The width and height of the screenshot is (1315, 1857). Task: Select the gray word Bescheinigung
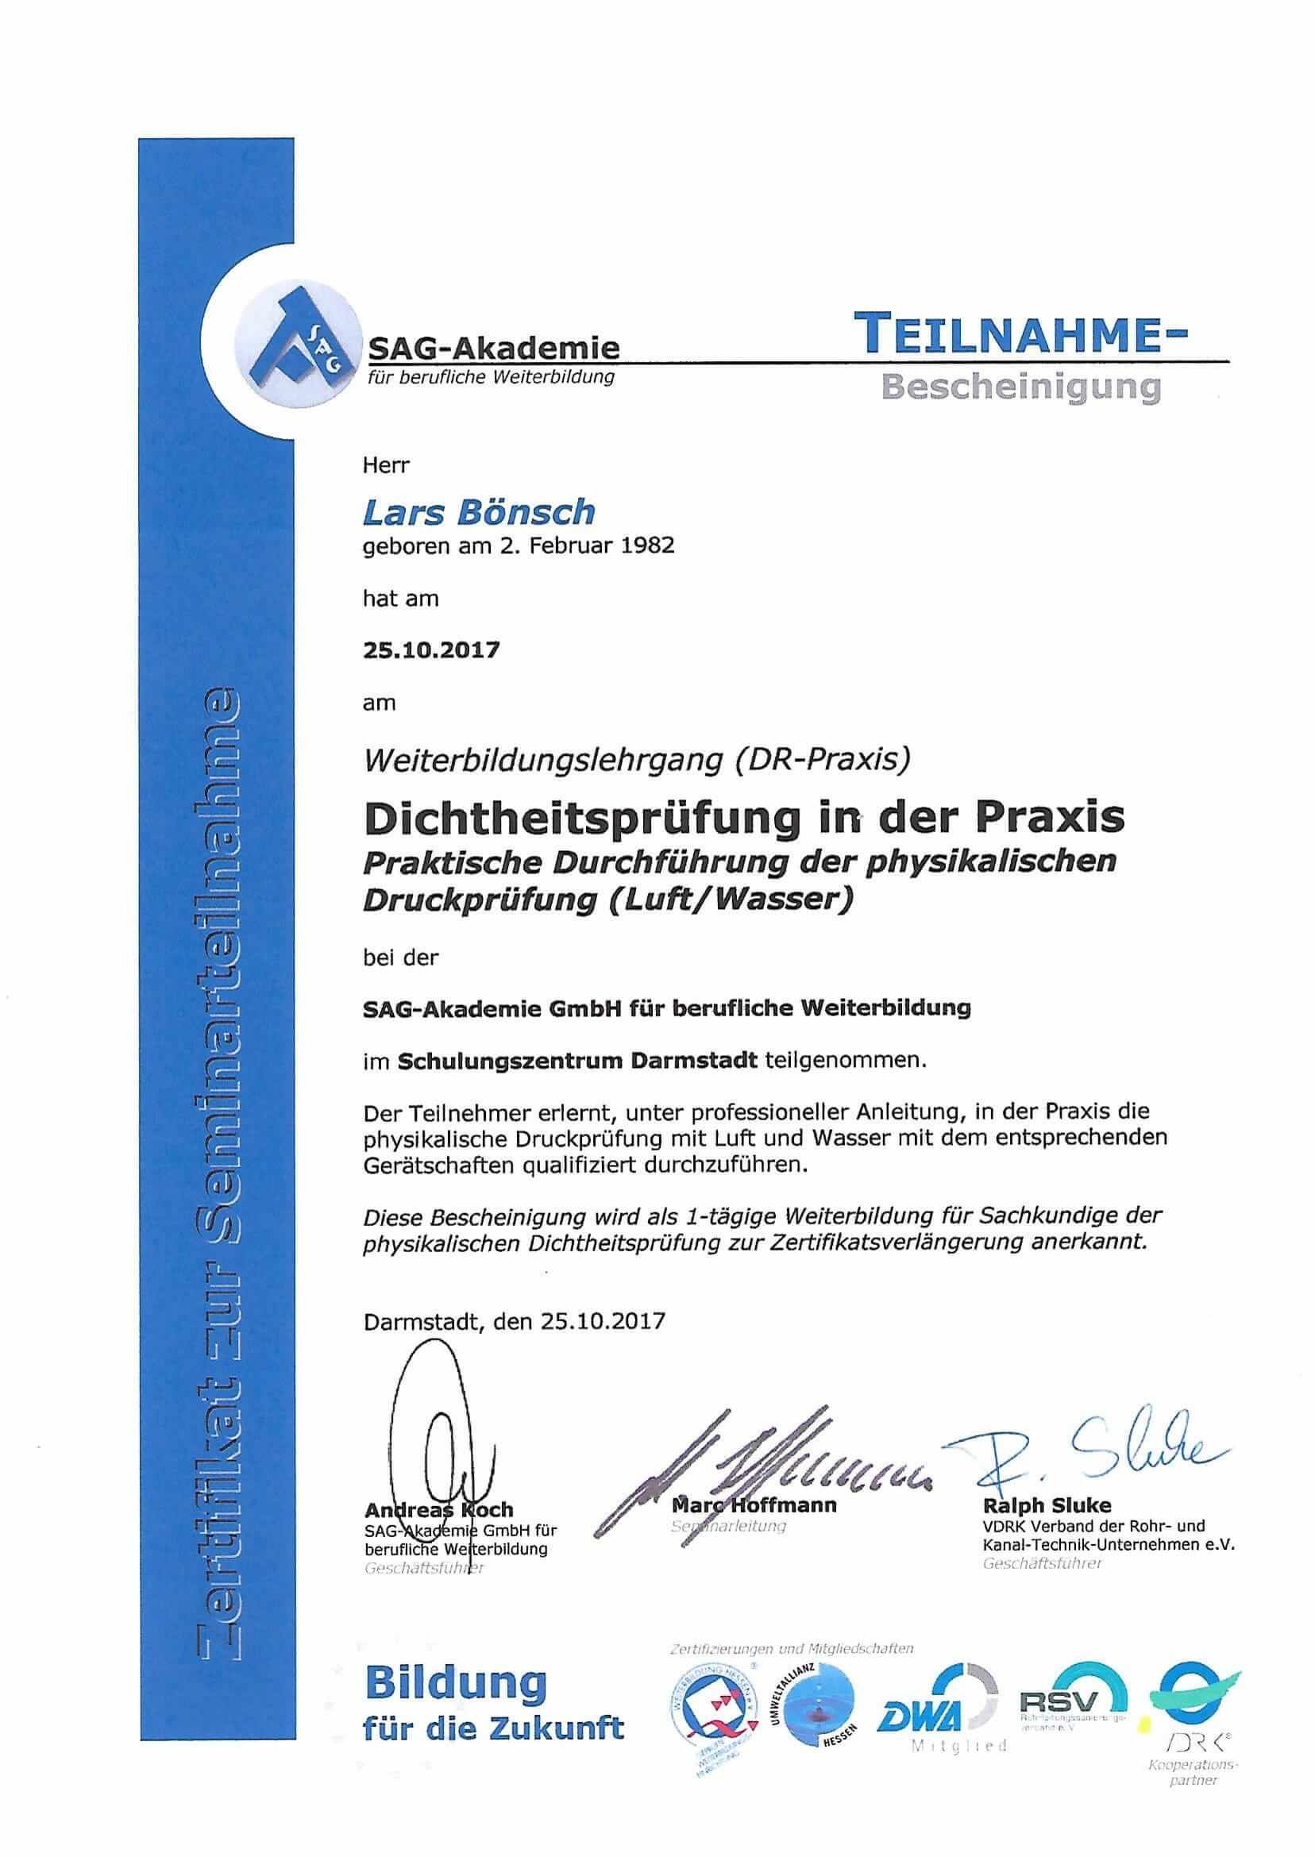coord(1020,387)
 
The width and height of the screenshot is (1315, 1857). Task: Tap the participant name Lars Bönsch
coord(479,511)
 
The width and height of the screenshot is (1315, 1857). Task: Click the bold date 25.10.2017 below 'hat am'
coord(430,650)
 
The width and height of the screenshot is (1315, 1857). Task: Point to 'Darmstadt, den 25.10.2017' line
coord(515,1321)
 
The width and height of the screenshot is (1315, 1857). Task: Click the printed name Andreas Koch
coord(439,1510)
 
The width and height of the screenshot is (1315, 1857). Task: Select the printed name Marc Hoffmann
coord(754,1504)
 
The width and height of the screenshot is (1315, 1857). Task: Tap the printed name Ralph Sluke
coord(1047,1504)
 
